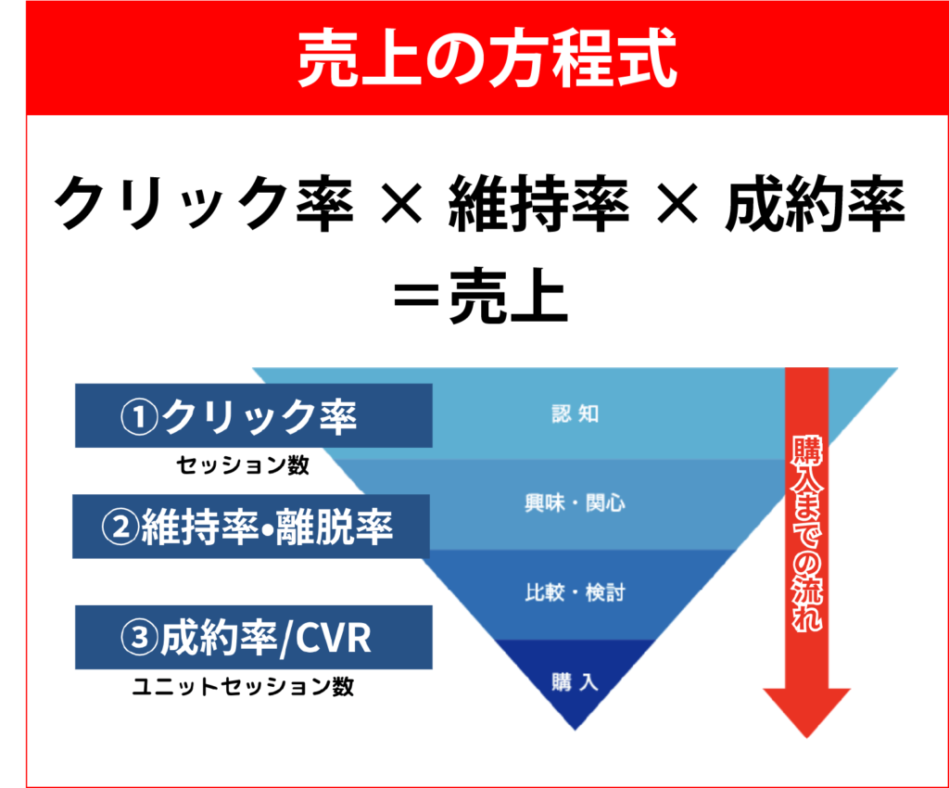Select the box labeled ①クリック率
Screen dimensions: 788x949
253,415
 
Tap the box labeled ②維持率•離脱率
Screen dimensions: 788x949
250,527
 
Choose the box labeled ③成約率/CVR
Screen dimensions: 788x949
253,638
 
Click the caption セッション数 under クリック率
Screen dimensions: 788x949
243,465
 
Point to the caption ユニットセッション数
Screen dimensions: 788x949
243,687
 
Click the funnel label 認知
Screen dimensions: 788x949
575,414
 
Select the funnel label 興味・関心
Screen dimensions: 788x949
575,503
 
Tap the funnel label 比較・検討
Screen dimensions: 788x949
575,592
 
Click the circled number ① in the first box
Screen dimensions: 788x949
140,416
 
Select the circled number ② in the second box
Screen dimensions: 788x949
120,527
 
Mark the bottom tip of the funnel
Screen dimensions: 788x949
576,729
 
